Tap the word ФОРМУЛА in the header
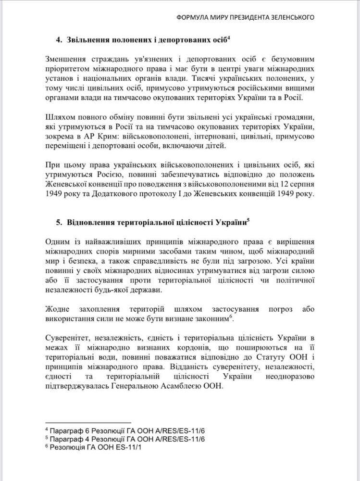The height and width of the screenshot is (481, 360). click(x=191, y=18)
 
